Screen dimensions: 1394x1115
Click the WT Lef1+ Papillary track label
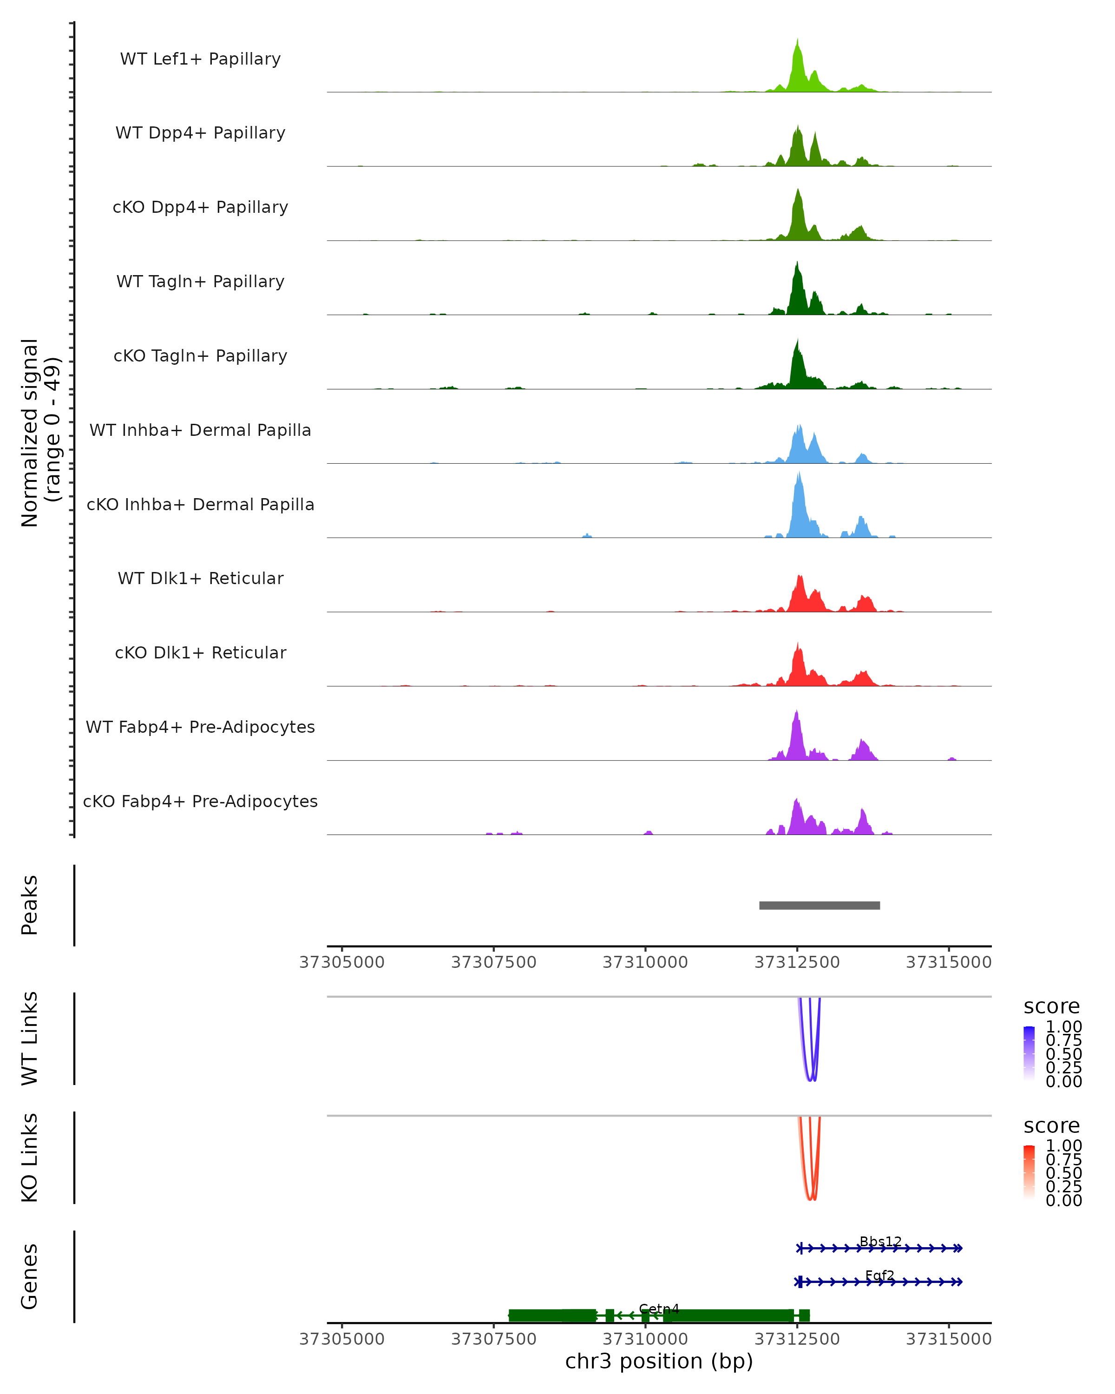coord(200,59)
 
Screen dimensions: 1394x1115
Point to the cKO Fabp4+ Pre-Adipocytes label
coord(200,801)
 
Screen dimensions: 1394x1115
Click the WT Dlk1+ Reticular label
coord(200,579)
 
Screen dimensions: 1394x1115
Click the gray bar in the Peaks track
coord(819,905)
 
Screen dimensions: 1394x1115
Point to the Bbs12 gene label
coord(880,1242)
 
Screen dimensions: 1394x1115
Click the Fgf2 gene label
coord(880,1276)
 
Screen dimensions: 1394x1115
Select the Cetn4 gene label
coord(659,1309)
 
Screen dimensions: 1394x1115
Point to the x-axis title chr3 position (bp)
coord(659,1361)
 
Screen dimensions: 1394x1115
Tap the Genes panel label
coord(29,1276)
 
